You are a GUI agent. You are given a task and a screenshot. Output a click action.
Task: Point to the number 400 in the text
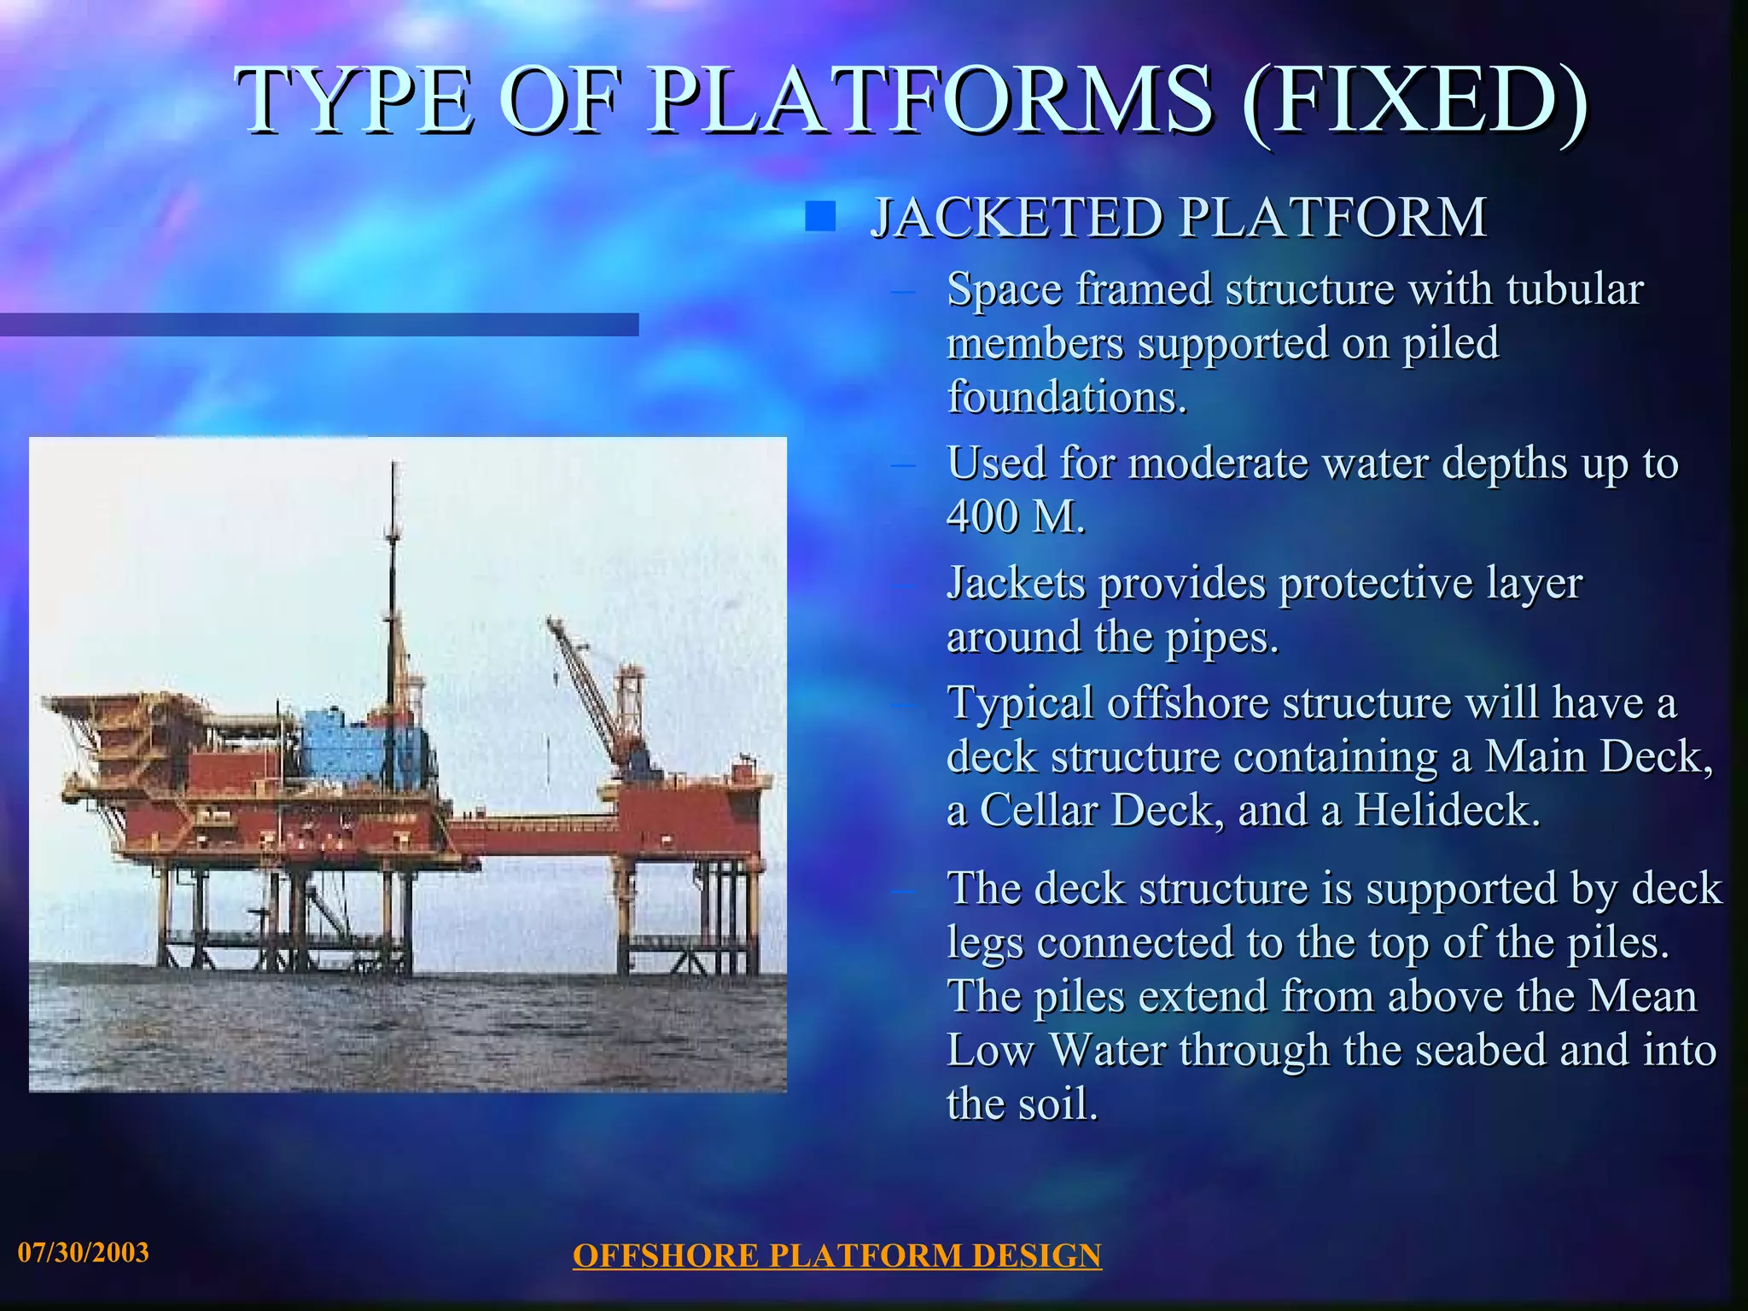(x=982, y=516)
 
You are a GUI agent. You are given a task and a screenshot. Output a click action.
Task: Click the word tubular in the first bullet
(x=1575, y=288)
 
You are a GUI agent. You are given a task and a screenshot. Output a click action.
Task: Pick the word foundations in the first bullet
(x=1067, y=397)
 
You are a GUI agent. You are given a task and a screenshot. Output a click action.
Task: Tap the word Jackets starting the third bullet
(x=1016, y=584)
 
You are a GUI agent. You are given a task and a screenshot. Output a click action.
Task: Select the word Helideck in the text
(x=1447, y=810)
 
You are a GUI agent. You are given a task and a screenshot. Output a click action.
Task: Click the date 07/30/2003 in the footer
(x=84, y=1253)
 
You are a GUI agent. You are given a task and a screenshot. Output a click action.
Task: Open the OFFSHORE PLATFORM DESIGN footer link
(x=836, y=1256)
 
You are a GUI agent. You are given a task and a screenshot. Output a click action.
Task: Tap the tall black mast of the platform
(x=393, y=580)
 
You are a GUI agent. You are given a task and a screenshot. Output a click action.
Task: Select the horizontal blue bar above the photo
(x=319, y=324)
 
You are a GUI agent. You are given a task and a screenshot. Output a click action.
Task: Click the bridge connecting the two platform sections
(x=533, y=825)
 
